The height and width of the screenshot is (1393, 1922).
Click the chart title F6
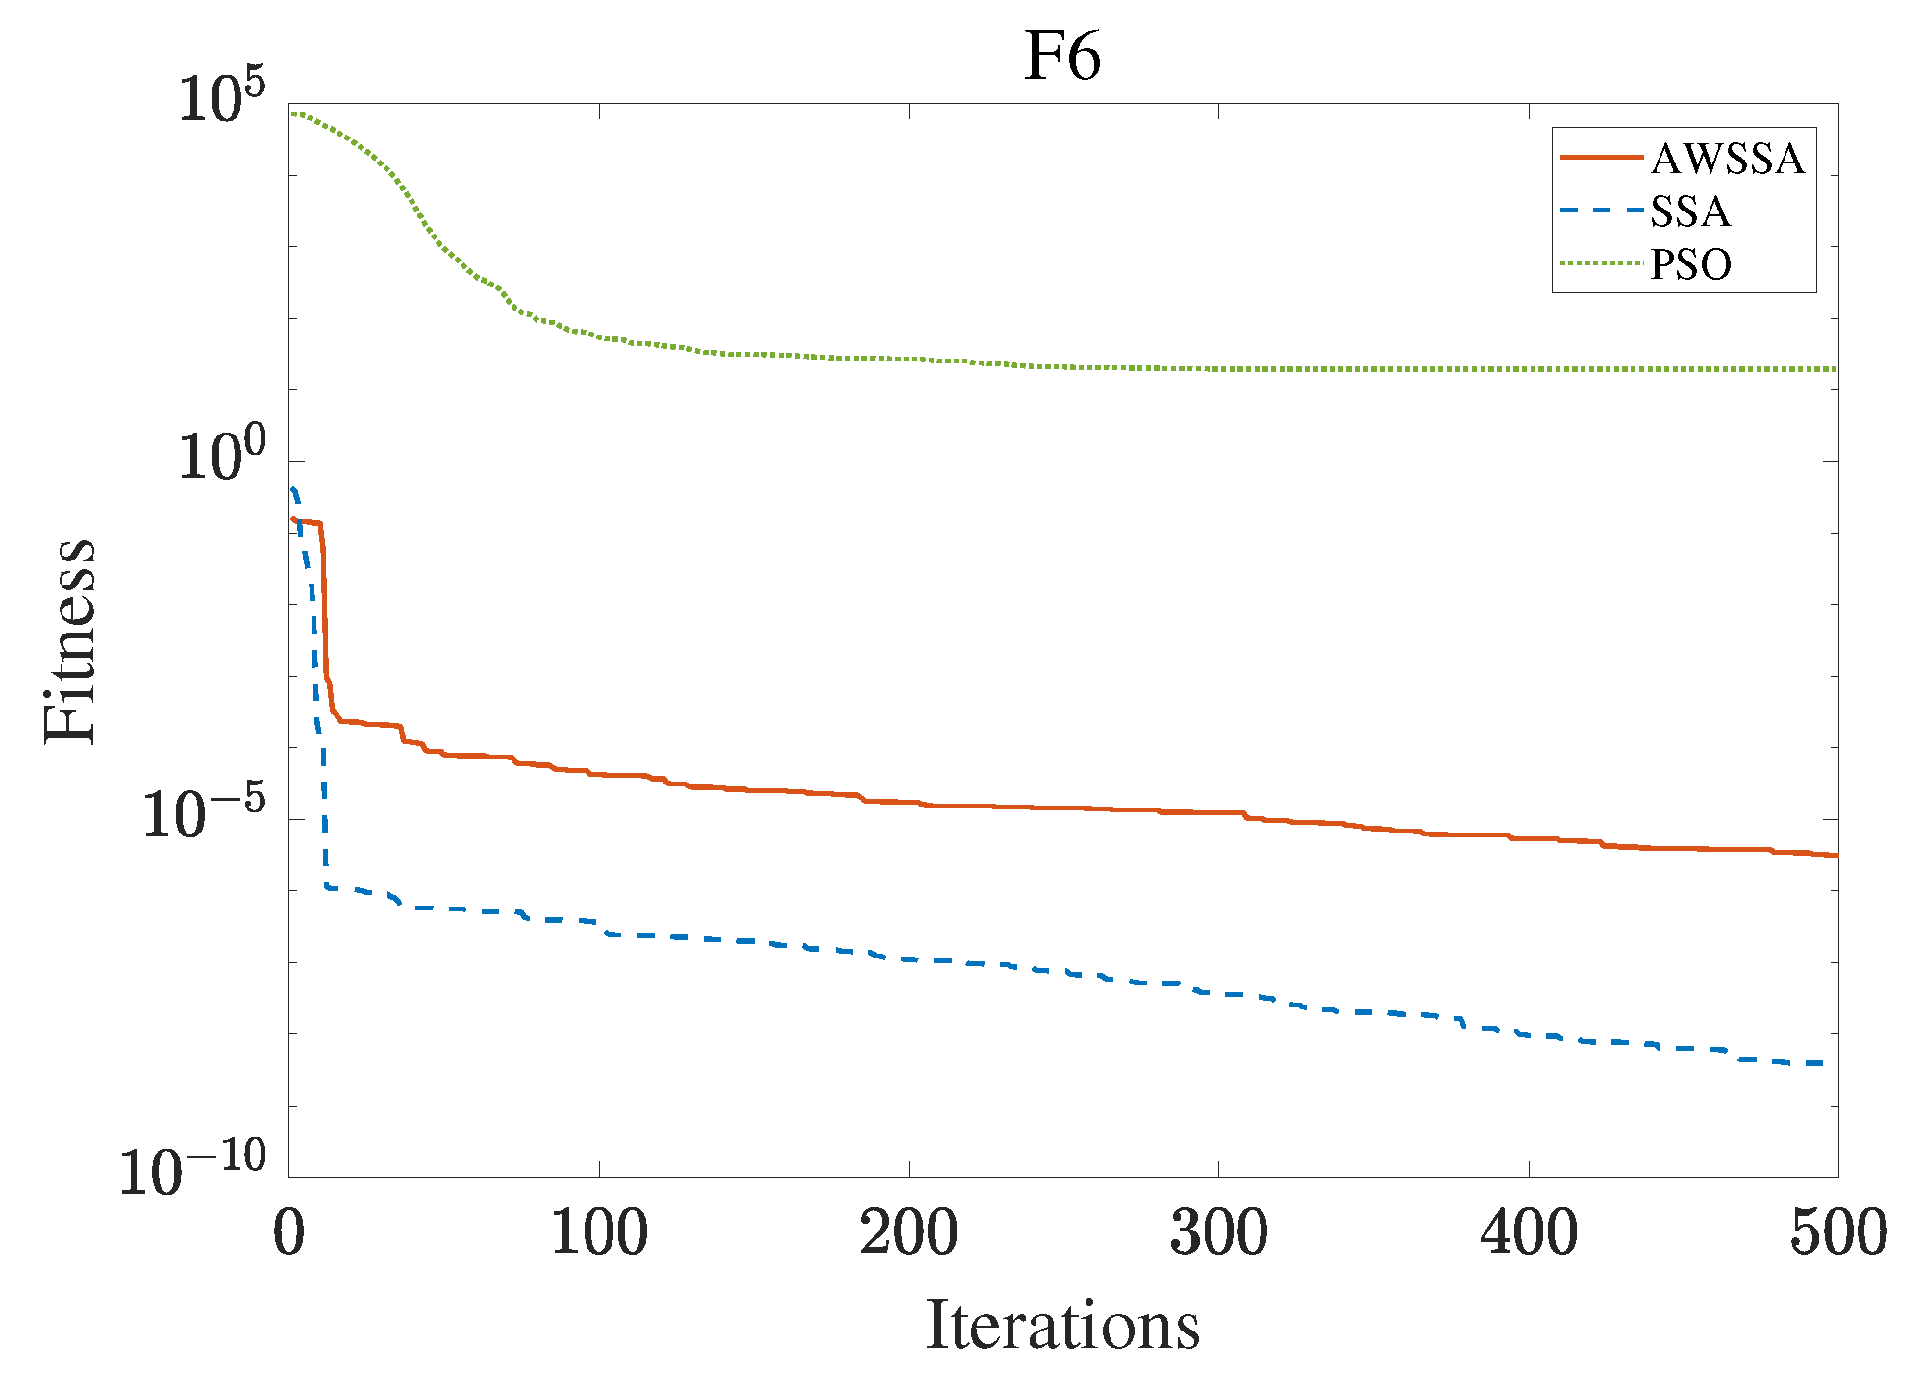coord(1061,57)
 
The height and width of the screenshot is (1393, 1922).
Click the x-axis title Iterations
coord(1062,1326)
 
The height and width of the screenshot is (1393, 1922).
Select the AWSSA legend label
coord(1727,159)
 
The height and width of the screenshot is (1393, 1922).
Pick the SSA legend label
coord(1690,211)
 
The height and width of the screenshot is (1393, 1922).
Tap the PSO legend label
coord(1690,264)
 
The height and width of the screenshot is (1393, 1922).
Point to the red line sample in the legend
coord(1601,157)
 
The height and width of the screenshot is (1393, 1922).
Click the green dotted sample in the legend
coord(1601,262)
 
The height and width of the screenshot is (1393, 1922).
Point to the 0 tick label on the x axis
coord(288,1233)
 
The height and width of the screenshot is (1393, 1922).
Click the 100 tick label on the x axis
coord(599,1233)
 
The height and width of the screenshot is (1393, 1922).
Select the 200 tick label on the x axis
coord(909,1233)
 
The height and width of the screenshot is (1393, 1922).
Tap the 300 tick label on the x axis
coord(1218,1233)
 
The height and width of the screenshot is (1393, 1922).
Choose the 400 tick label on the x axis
coord(1529,1233)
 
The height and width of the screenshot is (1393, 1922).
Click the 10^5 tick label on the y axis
coord(221,101)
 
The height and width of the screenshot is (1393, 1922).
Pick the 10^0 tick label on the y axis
coord(221,459)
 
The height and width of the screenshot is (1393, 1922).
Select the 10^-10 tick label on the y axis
coord(192,1172)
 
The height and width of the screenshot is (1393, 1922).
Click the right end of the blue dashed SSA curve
coord(1822,1063)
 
